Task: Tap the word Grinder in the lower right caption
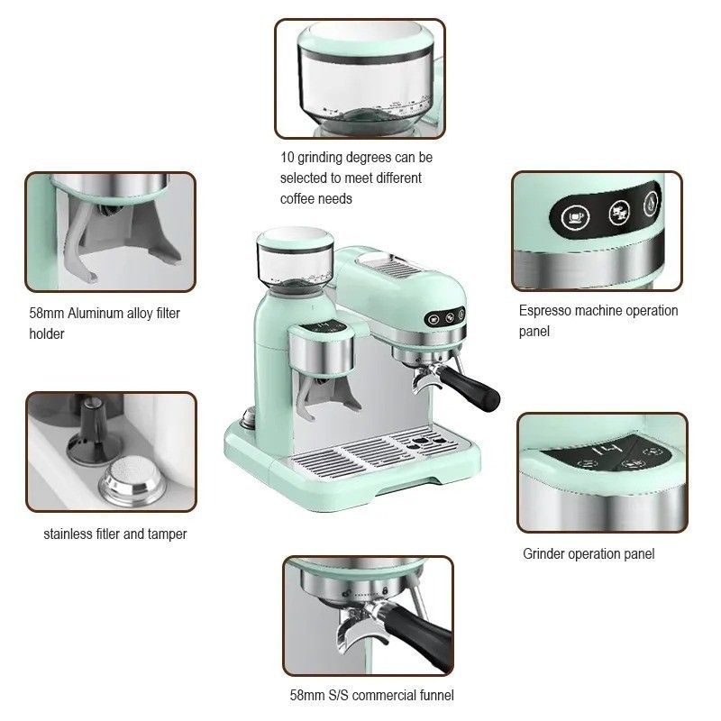[544, 554]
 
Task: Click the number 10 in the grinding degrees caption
[287, 158]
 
